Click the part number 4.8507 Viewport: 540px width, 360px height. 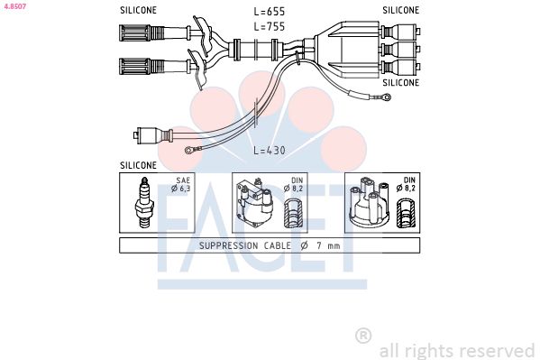pos(15,6)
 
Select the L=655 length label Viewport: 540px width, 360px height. pos(270,12)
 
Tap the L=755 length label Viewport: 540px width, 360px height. pos(270,26)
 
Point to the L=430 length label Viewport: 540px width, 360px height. pos(270,151)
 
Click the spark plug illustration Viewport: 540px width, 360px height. pos(145,203)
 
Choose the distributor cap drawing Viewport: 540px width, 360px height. pos(370,202)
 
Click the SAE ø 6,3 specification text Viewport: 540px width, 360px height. pos(181,184)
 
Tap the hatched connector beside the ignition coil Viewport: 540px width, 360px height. pos(293,214)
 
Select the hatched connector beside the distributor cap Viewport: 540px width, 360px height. pos(406,214)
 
